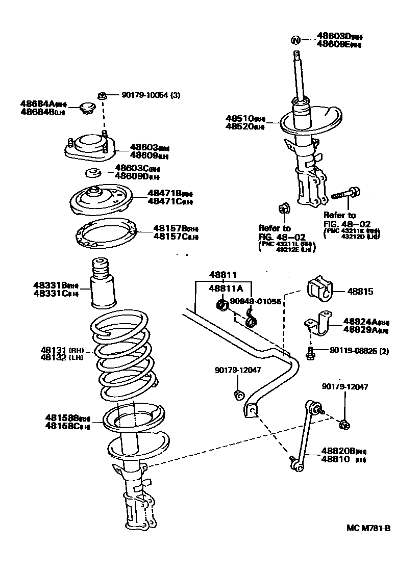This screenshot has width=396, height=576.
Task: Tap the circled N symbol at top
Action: tap(295, 40)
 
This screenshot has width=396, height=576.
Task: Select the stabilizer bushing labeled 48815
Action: tap(319, 291)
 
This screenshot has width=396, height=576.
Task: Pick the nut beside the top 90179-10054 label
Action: tap(102, 95)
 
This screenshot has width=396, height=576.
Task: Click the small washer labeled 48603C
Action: tap(93, 172)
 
